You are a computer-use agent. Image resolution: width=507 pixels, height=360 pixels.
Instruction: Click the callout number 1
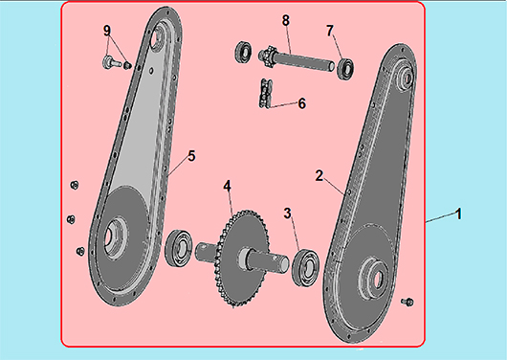point(458,214)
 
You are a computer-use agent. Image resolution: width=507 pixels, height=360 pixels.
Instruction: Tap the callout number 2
point(320,176)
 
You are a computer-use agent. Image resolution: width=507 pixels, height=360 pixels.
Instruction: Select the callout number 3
point(287,214)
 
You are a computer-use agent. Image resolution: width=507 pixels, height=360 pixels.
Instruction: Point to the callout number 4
point(228,186)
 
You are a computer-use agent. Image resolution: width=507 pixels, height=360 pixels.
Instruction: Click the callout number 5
point(191,156)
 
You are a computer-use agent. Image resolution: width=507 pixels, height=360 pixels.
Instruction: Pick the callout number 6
point(301,103)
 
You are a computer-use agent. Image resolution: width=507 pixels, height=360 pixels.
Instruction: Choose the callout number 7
point(329,31)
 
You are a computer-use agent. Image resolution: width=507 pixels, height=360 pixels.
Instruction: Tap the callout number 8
point(285,20)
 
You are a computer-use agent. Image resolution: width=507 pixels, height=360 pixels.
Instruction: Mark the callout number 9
point(107,31)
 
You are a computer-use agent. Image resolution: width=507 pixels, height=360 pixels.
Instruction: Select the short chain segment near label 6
point(265,94)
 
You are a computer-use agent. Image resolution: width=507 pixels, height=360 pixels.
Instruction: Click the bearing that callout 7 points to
point(345,69)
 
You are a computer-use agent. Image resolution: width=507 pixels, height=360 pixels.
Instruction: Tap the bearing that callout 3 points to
point(305,268)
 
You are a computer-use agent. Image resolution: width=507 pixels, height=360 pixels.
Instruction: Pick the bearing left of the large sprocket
point(179,249)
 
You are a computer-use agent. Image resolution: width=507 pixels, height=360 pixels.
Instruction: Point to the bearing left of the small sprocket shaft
point(243,52)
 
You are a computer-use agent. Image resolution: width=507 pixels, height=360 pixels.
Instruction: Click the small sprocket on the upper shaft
point(268,57)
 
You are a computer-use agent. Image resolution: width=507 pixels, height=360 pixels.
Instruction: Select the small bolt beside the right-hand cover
point(408,302)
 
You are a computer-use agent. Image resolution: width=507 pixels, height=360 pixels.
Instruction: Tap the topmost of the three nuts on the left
point(75,185)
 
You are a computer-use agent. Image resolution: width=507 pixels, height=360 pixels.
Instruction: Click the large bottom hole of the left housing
point(114,238)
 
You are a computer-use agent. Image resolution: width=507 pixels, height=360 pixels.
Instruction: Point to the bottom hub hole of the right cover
point(378,278)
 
